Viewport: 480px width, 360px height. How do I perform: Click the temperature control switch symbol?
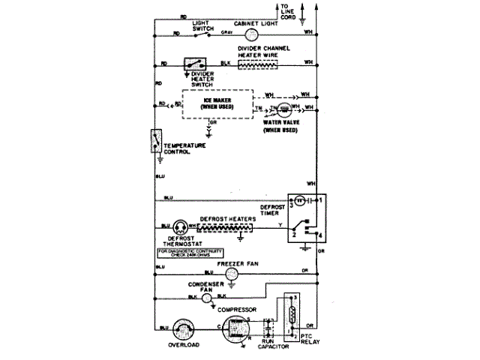click(x=156, y=143)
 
